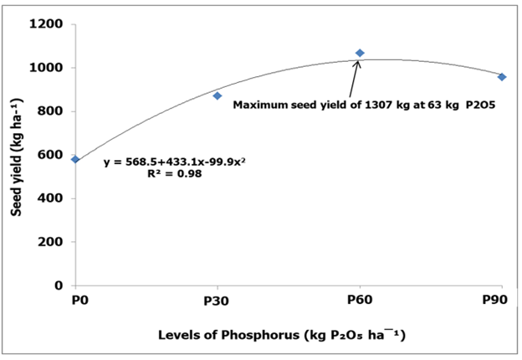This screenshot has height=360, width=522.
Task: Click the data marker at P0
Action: point(75,159)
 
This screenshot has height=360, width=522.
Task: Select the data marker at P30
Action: point(217,95)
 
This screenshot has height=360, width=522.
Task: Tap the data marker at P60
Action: point(360,53)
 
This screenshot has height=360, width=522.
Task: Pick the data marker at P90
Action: point(502,77)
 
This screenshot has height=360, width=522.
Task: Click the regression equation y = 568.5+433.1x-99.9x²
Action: point(163,162)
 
